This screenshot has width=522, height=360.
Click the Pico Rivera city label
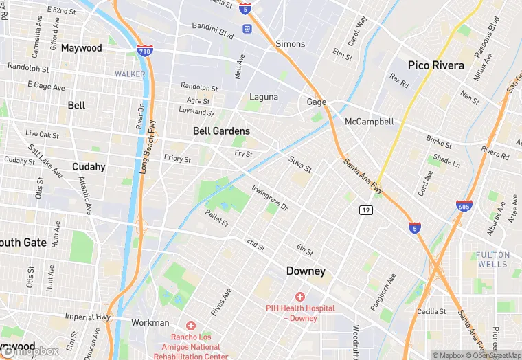[x=435, y=66]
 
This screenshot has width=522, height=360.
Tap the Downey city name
[x=306, y=271]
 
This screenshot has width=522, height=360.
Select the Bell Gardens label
[x=221, y=131]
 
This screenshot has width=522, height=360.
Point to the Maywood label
[x=82, y=48]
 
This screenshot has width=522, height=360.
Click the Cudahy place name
[x=89, y=167]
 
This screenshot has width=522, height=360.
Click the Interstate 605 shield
[x=464, y=205]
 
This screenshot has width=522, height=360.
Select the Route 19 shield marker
[x=365, y=210]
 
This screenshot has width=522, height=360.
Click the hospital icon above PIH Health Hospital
[x=300, y=296]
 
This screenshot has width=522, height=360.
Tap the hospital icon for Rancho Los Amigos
[x=190, y=325]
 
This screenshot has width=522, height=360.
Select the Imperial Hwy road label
[x=88, y=317]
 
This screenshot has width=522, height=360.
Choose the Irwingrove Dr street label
[x=270, y=197]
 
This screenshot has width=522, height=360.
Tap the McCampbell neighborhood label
[x=370, y=122]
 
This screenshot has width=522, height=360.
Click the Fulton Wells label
[x=493, y=259]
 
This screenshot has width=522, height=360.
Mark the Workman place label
[x=150, y=322]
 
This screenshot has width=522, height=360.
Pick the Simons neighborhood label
[x=290, y=44]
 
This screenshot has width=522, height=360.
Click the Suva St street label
[x=300, y=166]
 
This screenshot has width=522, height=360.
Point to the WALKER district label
[x=130, y=74]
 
